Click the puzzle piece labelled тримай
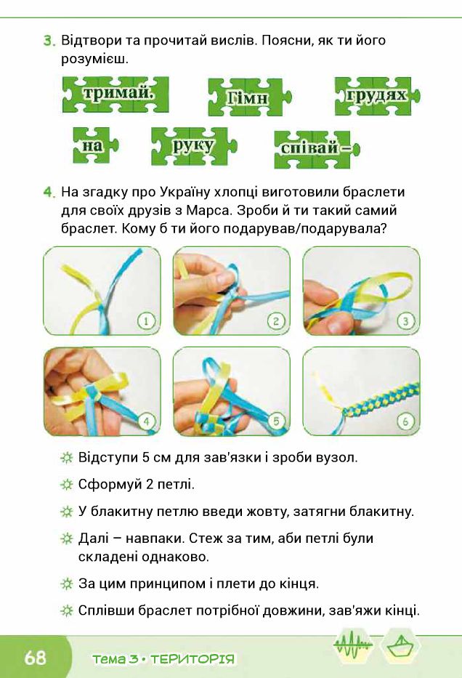(x=115, y=94)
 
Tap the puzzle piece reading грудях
(x=376, y=95)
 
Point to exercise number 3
(x=49, y=41)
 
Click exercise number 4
(x=49, y=193)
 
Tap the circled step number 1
(x=146, y=320)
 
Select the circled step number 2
(x=275, y=320)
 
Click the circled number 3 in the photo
(x=405, y=320)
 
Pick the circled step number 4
(x=146, y=420)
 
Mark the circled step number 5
(x=275, y=420)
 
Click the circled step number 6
(x=405, y=420)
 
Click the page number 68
(x=35, y=658)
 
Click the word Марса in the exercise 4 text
(x=339, y=211)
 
